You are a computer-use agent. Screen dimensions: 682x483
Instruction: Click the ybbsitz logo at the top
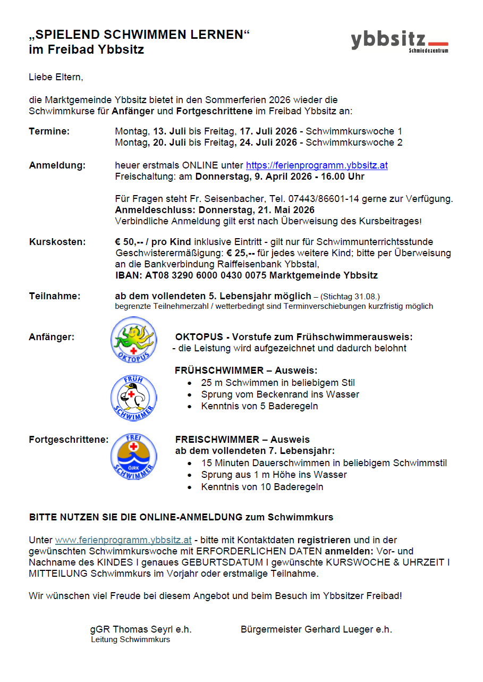tap(399, 40)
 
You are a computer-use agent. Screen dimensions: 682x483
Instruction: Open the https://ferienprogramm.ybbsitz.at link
tap(317, 165)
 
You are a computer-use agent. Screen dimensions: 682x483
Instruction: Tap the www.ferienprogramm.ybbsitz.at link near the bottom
tap(123, 540)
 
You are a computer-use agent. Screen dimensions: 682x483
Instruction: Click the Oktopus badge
tap(133, 340)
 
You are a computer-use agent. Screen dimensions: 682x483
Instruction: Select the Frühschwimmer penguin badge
tap(133, 398)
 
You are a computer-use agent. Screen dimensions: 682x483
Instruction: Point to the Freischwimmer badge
tap(133, 455)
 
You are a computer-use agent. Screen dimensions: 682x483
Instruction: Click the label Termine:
tap(49, 131)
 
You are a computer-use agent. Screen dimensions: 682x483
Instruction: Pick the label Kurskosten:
tap(57, 242)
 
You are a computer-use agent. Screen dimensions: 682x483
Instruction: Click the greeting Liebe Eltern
tap(55, 77)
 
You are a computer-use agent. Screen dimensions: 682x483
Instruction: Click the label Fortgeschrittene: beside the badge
tap(69, 440)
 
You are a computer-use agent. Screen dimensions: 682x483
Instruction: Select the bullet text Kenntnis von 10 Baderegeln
tap(262, 486)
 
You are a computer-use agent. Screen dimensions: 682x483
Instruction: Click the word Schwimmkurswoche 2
tap(354, 142)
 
